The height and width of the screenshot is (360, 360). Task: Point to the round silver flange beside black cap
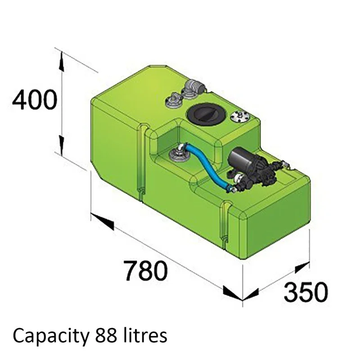pos(240,117)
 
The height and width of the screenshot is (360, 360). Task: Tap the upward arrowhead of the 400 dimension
pos(61,62)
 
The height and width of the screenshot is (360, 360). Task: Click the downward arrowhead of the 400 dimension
pos(61,144)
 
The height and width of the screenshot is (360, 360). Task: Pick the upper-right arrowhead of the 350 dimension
pos(301,268)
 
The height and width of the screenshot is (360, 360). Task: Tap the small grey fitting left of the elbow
pos(174,100)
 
